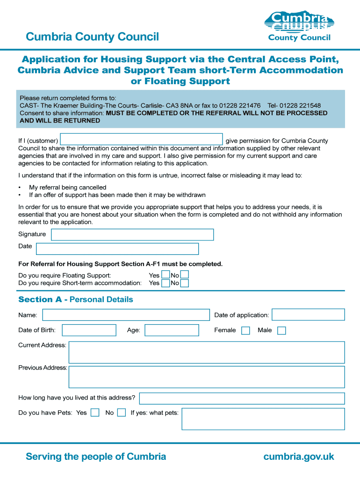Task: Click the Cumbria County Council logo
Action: pos(299,26)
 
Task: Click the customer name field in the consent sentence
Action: pos(141,139)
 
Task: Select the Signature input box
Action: pos(131,234)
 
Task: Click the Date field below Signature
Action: pos(117,249)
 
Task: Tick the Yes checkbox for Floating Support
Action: pos(166,275)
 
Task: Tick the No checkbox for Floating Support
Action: pos(185,275)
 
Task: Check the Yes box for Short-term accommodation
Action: pos(166,283)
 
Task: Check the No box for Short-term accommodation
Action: pos(185,283)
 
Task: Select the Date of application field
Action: pos(308,315)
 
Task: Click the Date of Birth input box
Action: pos(89,330)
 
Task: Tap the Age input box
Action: pos(172,330)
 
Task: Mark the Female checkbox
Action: pos(245,331)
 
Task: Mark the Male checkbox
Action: pos(281,331)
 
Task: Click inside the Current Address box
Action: pos(206,352)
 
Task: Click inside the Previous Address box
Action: pos(206,377)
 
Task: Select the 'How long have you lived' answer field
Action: pos(242,399)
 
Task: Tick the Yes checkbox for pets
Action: pos(95,413)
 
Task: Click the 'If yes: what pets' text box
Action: pos(263,419)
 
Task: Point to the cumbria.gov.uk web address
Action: pos(299,457)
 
